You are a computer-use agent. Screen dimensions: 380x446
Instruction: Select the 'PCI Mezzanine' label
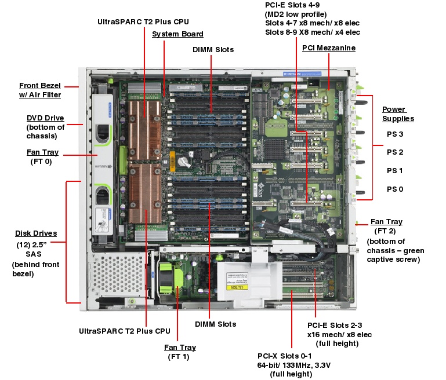point(328,47)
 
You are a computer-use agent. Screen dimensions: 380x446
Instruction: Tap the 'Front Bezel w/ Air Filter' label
point(40,90)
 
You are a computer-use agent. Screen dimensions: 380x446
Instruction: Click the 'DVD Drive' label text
point(45,118)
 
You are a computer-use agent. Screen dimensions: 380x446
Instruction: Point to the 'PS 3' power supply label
point(395,134)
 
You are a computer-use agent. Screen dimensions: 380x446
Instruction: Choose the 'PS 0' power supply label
point(395,189)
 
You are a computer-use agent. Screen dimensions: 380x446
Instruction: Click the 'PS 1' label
point(395,171)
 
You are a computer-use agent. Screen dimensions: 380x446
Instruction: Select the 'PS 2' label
point(395,152)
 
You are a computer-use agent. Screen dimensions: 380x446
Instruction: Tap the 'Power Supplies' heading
point(398,114)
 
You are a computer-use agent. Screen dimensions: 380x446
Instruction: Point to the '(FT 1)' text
point(180,357)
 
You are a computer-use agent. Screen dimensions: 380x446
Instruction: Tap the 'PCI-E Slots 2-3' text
point(338,325)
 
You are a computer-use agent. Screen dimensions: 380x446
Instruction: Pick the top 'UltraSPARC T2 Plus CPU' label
point(143,21)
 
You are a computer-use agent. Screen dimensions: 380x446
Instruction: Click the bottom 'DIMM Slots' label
point(215,324)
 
